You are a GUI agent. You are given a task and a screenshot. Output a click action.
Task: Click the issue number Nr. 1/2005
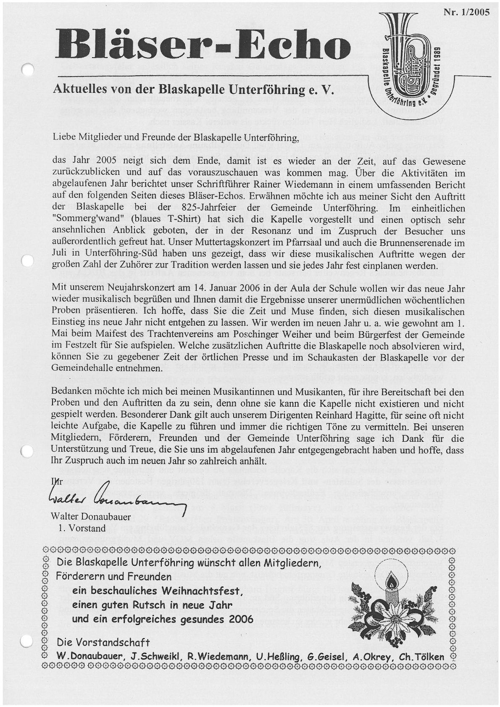(x=466, y=12)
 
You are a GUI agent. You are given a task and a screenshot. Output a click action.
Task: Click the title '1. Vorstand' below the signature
(x=82, y=528)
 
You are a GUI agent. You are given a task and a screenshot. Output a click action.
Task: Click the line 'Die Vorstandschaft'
(x=103, y=643)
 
